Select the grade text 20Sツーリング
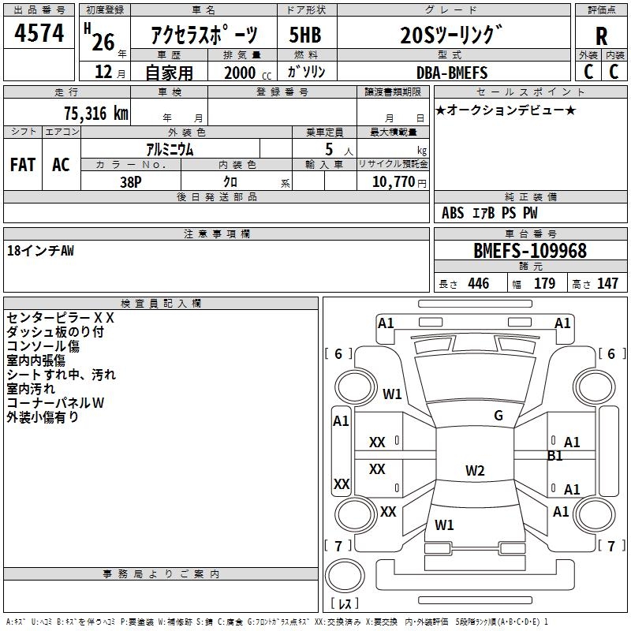(450, 35)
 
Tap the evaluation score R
(601, 37)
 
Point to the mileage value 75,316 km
(95, 113)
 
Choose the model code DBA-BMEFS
(452, 73)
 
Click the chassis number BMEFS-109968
(530, 251)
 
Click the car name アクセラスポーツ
(204, 35)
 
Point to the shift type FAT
(23, 165)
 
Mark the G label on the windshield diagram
(498, 416)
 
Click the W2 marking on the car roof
(475, 471)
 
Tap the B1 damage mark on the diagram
(555, 456)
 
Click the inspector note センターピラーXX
(61, 318)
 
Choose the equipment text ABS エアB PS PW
(490, 213)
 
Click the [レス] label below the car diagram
(344, 604)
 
